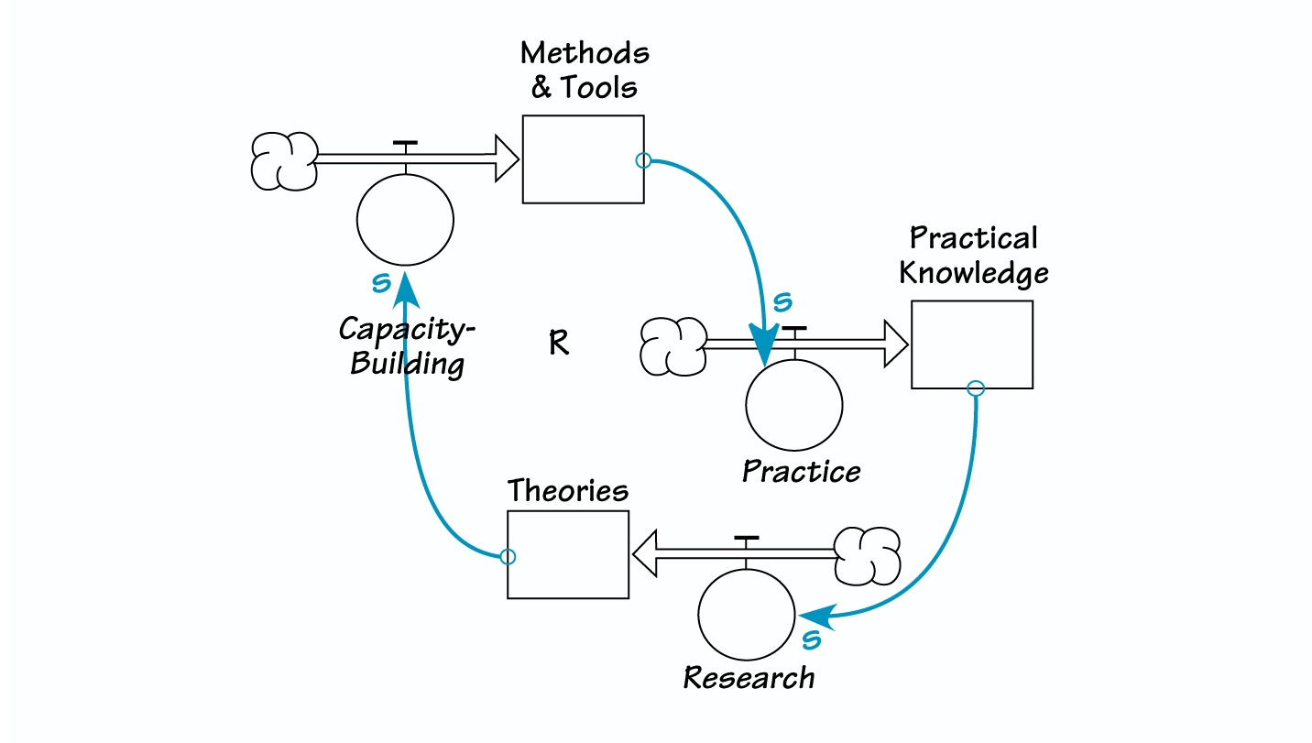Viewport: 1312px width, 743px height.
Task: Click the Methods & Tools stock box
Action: (x=583, y=159)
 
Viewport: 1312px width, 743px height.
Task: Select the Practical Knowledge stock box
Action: (x=972, y=344)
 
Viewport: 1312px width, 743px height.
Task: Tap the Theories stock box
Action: (x=568, y=554)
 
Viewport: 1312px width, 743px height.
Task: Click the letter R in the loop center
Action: (x=558, y=344)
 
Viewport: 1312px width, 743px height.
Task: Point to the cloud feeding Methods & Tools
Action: (x=284, y=161)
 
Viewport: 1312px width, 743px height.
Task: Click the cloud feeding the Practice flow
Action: (x=673, y=346)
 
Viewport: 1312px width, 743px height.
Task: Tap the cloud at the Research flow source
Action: (x=868, y=555)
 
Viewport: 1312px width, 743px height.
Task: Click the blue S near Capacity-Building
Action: (x=381, y=283)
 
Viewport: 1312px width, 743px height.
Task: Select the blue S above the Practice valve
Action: (x=782, y=301)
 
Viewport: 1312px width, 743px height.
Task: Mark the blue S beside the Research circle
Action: (x=811, y=639)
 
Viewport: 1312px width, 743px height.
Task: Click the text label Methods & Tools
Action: (x=585, y=71)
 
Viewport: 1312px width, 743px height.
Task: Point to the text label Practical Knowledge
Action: (x=973, y=256)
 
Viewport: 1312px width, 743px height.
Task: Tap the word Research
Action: (x=749, y=679)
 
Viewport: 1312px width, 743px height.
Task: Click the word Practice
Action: (x=801, y=472)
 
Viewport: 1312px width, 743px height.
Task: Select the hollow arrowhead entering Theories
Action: (x=645, y=555)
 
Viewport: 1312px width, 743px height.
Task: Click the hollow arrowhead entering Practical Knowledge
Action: (x=895, y=344)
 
